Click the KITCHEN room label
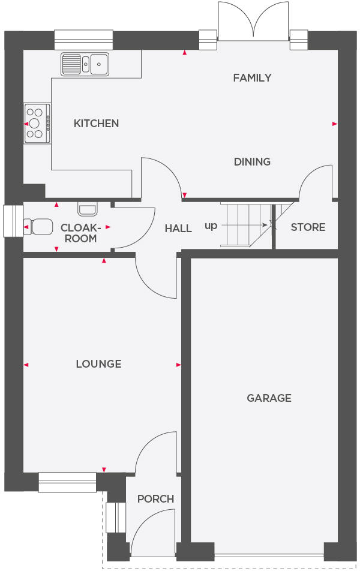tap(96, 124)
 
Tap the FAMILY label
tap(252, 78)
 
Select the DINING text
tap(252, 162)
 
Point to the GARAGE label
tap(269, 398)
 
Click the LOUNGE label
tap(98, 364)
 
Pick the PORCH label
tap(155, 499)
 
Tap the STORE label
tap(308, 227)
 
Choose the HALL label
tap(178, 229)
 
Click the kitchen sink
tap(85, 64)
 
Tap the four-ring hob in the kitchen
tap(37, 124)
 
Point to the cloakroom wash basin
tap(87, 209)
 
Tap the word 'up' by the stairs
tap(211, 226)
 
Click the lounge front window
tap(67, 482)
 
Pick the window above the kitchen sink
tap(83, 40)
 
